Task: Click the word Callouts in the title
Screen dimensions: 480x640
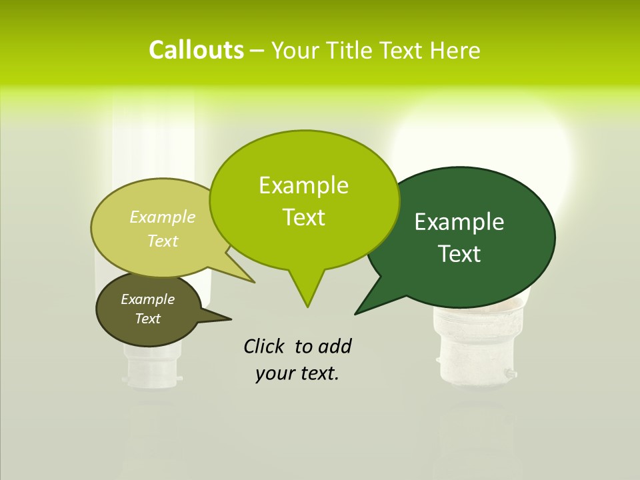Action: point(196,50)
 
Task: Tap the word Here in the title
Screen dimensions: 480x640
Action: point(455,51)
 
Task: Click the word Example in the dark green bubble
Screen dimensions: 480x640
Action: point(459,222)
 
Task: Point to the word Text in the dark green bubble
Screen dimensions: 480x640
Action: point(460,254)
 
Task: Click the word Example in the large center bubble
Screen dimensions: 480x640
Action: point(303,185)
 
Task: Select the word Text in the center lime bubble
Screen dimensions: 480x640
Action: point(304,217)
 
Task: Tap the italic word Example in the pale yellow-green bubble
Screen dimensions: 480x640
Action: point(163,217)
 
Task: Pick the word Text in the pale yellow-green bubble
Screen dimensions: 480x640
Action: point(163,241)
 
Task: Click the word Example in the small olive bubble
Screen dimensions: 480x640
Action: point(147,299)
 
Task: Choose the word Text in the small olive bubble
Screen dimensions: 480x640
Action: point(148,319)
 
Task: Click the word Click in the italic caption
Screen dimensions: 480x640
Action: point(265,347)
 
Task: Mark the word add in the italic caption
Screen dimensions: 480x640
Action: point(334,347)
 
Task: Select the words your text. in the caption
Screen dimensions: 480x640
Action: point(297,373)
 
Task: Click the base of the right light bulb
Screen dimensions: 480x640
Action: point(475,360)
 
